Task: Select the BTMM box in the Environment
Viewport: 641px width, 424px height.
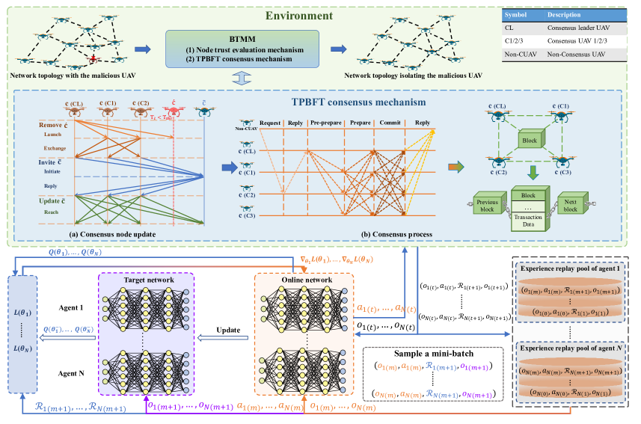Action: pos(242,49)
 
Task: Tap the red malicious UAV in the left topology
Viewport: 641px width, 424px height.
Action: pos(93,57)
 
